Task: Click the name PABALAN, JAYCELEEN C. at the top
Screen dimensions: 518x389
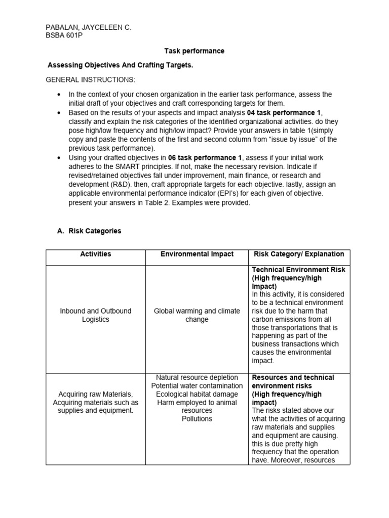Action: click(88, 28)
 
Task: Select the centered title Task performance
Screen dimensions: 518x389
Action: click(194, 51)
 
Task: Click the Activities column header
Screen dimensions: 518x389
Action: click(95, 254)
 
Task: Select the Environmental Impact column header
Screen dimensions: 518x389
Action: click(197, 254)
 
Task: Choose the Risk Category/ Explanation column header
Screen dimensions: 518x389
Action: click(298, 254)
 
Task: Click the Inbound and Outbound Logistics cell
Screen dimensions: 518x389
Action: click(95, 315)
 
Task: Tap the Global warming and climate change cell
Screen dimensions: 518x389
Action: click(197, 315)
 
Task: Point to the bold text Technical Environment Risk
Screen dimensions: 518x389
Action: click(298, 270)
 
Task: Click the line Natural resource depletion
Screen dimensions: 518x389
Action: click(197, 377)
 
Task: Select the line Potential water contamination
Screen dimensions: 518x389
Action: click(197, 386)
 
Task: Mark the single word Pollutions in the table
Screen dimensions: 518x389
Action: click(197, 419)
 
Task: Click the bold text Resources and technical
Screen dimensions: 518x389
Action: click(293, 377)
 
